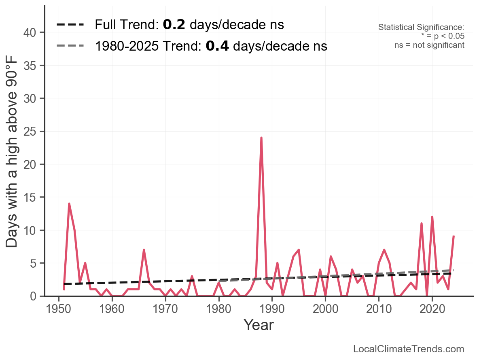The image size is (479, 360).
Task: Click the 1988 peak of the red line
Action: coord(261,138)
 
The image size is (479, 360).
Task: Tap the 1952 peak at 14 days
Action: coord(69,204)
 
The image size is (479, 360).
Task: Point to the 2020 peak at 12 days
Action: coord(432,217)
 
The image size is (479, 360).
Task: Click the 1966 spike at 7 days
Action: coord(144,250)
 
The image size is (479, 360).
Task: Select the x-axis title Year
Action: coord(259,325)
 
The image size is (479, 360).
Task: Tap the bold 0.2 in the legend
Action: coord(174,25)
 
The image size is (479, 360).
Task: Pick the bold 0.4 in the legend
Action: coord(217,46)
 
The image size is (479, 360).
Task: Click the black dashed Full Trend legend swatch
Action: coord(70,25)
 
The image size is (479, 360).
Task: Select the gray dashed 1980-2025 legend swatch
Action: coord(70,46)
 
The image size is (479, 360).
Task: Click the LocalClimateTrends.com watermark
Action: coord(409,349)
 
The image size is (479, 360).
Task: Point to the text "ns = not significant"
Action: coord(429,45)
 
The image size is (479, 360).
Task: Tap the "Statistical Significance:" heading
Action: coord(421,28)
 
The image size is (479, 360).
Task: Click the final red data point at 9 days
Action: coord(454,236)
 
